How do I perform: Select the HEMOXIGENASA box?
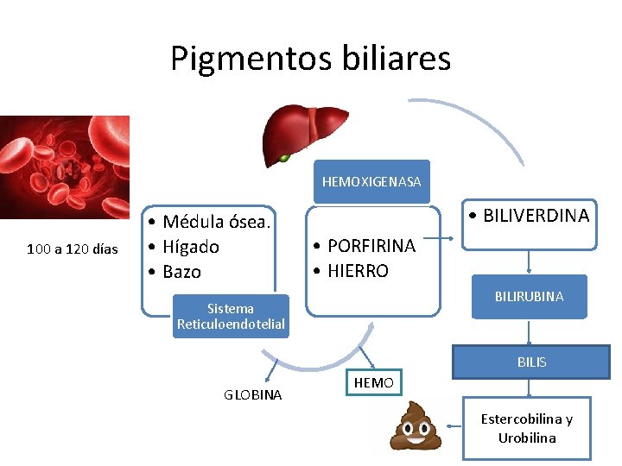(x=371, y=182)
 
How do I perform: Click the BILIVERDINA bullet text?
(x=528, y=216)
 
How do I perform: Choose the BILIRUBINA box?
(x=529, y=296)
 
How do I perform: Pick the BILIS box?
(x=531, y=362)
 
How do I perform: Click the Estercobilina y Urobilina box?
(x=527, y=428)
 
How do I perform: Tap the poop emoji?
(x=416, y=425)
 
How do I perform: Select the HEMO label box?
(x=374, y=382)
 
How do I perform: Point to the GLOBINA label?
(x=252, y=394)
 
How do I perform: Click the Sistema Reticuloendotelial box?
(x=231, y=317)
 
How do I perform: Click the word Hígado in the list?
(x=190, y=247)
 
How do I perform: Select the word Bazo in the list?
(x=181, y=272)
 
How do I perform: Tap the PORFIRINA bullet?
(x=371, y=246)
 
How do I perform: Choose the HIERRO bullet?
(x=358, y=271)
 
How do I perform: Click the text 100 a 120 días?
(x=73, y=249)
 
